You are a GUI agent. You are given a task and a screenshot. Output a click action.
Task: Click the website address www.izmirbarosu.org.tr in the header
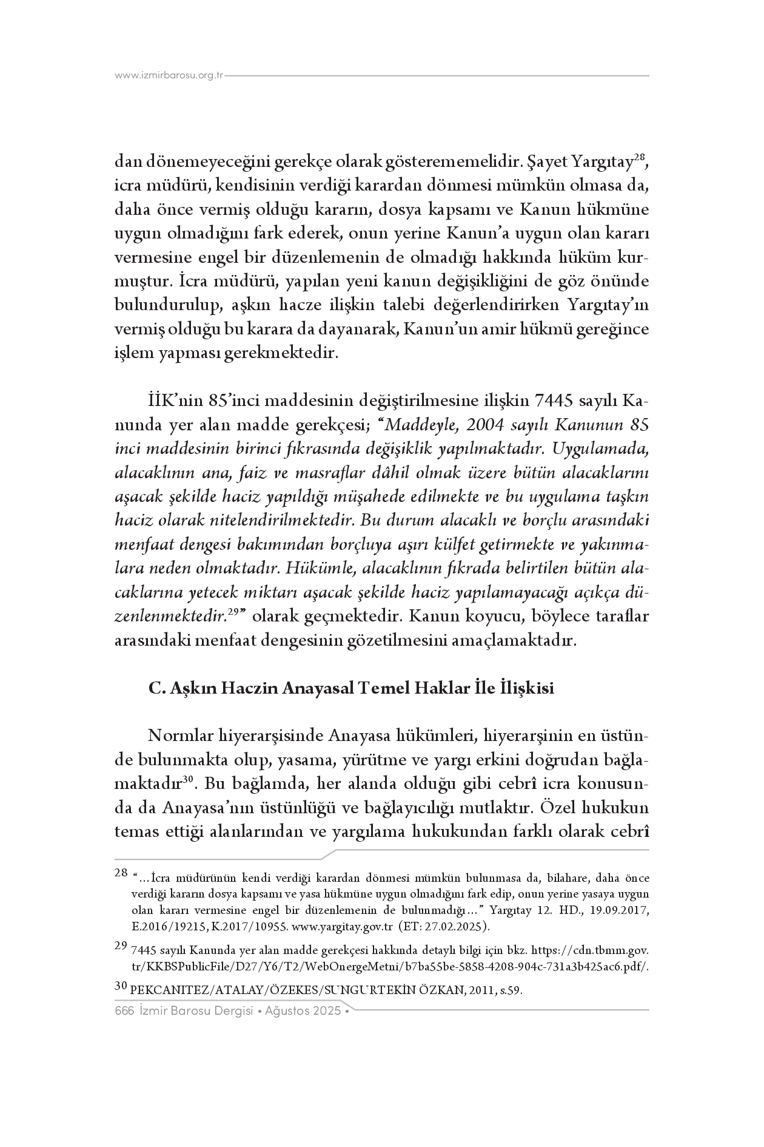pos(169,76)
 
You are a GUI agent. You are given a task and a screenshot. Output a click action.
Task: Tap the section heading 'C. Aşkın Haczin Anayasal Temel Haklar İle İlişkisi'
pos(351,689)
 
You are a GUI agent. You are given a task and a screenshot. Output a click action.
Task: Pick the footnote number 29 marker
pos(120,946)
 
